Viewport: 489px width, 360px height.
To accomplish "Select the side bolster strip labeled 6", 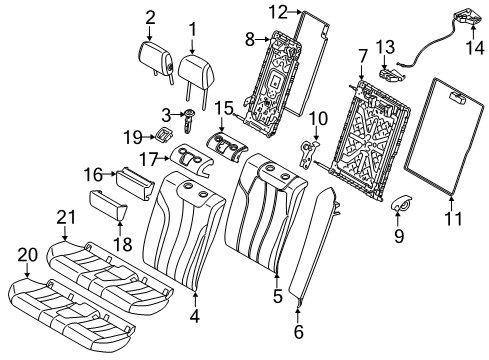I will tap(315, 245).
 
